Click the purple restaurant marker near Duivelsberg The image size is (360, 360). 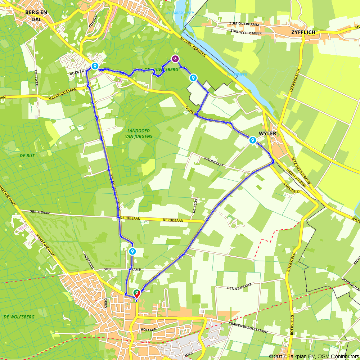pos(175,59)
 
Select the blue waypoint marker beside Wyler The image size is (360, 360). pos(253,140)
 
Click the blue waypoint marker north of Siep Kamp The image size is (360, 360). pos(132,251)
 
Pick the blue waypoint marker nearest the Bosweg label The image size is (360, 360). pos(95,66)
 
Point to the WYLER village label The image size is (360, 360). pos(270,134)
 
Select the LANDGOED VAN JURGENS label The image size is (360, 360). pos(139,134)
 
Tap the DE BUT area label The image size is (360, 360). pos(26,156)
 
